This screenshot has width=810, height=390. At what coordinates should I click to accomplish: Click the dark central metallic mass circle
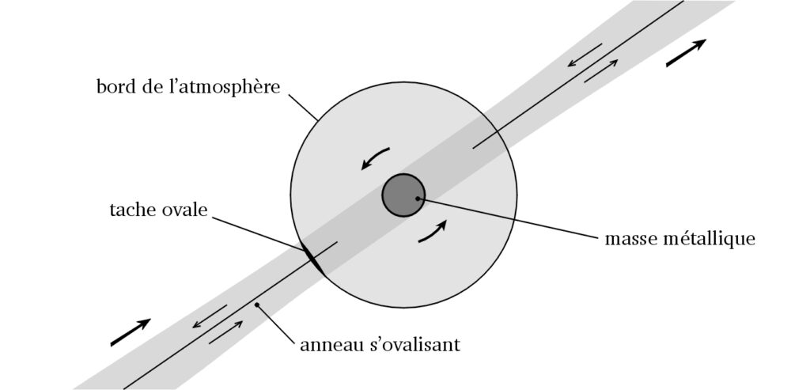pos(404,195)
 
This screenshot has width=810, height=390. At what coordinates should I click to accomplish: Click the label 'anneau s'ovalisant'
pos(380,345)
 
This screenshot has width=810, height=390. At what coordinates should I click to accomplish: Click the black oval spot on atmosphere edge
pos(312,259)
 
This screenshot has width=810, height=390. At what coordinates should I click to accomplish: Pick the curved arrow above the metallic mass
pos(374,157)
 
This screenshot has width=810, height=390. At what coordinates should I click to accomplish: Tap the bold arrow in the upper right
pos(686,54)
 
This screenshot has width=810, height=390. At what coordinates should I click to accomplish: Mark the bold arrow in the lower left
pos(131,332)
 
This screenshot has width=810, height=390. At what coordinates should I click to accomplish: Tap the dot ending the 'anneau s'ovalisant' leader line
pos(256,304)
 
